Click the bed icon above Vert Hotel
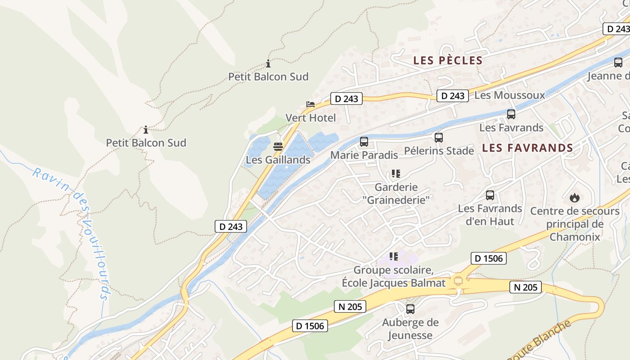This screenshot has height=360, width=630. [310, 104]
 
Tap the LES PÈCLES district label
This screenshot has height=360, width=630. [448, 60]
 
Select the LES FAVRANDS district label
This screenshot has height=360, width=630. [527, 148]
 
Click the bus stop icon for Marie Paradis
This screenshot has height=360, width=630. [364, 142]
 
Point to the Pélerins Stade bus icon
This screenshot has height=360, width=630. [439, 137]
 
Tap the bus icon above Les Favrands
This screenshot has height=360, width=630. [511, 114]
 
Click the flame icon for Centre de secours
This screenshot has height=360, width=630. [574, 198]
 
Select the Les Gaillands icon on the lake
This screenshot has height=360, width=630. [278, 147]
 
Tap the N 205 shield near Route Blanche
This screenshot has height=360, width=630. [525, 287]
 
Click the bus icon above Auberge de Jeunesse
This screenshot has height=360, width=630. [410, 309]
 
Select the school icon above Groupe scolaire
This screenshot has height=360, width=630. [394, 256]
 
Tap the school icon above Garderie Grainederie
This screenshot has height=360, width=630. [396, 174]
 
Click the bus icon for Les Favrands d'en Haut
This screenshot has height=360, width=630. [490, 195]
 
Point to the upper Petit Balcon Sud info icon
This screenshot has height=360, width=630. [268, 63]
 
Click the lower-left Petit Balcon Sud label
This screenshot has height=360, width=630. [146, 143]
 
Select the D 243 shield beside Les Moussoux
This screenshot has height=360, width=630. [452, 96]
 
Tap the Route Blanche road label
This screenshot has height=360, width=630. [540, 340]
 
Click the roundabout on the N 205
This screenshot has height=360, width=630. [459, 281]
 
